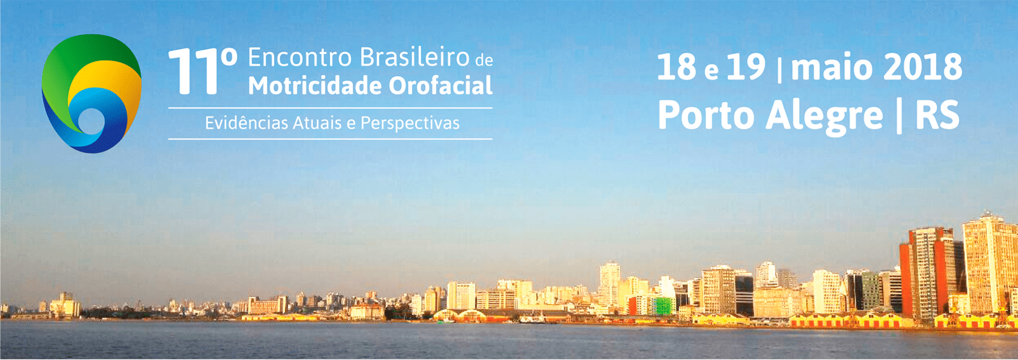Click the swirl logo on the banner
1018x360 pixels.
pyautogui.click(x=91, y=93)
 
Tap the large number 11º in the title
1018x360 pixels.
pyautogui.click(x=202, y=71)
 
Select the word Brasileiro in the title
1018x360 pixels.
pyautogui.click(x=414, y=57)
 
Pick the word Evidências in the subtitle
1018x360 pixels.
pyautogui.click(x=246, y=123)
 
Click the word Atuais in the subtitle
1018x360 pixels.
pyautogui.click(x=317, y=123)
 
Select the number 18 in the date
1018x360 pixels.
pyautogui.click(x=677, y=67)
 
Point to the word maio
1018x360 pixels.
pyautogui.click(x=837, y=67)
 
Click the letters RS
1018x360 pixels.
pyautogui.click(x=937, y=116)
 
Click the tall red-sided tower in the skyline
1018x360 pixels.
pyautogui.click(x=926, y=273)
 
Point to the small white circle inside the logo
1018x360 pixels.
pyautogui.click(x=91, y=121)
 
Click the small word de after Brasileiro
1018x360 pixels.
pyautogui.click(x=484, y=60)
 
